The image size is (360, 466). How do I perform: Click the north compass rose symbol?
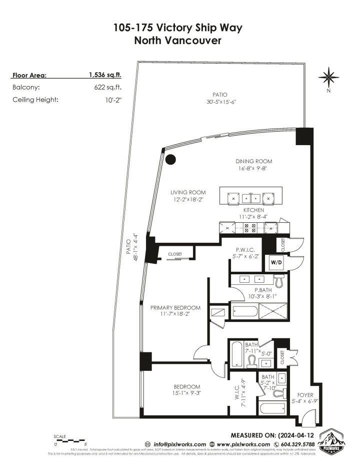pyautogui.click(x=329, y=78)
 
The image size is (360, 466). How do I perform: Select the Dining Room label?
pyautogui.click(x=254, y=161)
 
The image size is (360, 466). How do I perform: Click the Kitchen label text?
pyautogui.click(x=253, y=210)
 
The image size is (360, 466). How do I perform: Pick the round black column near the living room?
pyautogui.click(x=171, y=160)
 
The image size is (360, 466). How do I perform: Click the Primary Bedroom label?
pyautogui.click(x=175, y=307)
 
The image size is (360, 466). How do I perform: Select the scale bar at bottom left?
pyautogui.click(x=70, y=440)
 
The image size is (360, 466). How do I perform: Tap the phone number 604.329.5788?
pyautogui.click(x=294, y=444)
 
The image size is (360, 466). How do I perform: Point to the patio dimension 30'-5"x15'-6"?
pyautogui.click(x=220, y=102)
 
